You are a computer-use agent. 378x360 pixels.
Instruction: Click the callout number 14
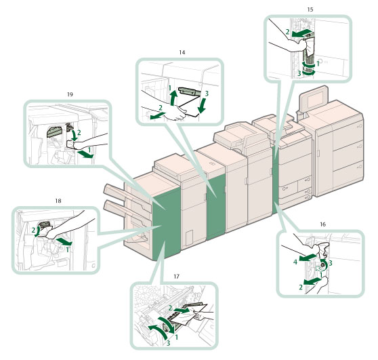[x=182, y=52]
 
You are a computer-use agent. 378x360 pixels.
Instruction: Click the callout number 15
[x=310, y=9]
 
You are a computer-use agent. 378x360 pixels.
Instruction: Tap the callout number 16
[x=322, y=224]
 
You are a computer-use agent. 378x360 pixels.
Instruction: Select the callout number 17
[x=176, y=277]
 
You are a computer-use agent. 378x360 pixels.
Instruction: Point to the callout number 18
[x=58, y=201]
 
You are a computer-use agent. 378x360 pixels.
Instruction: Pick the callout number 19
[x=70, y=94]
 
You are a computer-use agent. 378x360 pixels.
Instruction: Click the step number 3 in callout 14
[x=207, y=94]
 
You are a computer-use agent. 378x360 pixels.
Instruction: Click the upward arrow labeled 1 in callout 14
[x=173, y=97]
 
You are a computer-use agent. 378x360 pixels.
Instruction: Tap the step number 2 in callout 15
[x=287, y=32]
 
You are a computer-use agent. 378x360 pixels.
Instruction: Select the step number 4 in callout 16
[x=295, y=262]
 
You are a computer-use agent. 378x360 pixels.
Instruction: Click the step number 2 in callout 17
[x=170, y=308]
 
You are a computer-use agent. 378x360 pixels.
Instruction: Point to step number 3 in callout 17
[x=168, y=343]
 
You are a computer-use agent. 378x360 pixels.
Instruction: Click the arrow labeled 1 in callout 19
[x=85, y=155]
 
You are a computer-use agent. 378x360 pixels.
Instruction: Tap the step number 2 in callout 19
[x=79, y=132]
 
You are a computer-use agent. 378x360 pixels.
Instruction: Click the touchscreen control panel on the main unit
[x=314, y=99]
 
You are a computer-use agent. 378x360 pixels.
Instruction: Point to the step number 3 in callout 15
[x=299, y=73]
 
